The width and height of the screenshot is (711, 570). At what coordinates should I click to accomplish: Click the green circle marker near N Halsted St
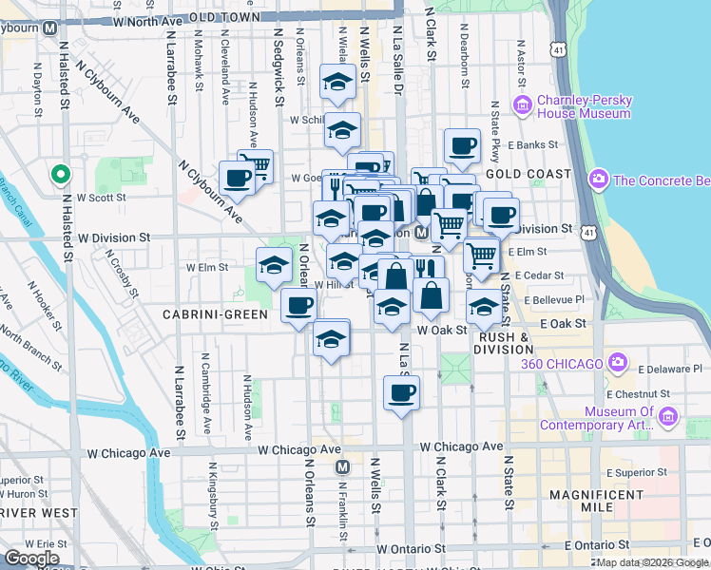click(x=59, y=174)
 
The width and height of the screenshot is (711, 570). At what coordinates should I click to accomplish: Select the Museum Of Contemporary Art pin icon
click(x=668, y=416)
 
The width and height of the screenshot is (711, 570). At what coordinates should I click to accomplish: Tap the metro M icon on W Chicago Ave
click(x=342, y=467)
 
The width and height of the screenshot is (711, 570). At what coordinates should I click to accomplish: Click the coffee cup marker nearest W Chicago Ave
click(x=400, y=390)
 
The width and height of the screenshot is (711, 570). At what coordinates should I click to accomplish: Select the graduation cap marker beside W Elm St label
click(x=274, y=265)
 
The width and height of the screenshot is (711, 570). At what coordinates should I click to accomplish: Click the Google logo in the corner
click(x=31, y=558)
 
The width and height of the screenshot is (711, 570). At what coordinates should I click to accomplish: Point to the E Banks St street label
click(x=532, y=145)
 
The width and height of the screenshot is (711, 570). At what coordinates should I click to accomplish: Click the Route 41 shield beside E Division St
click(x=591, y=231)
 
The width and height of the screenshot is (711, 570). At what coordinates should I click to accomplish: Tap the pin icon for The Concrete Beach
click(x=599, y=178)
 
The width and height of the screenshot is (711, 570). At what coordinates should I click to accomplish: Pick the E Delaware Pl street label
click(x=670, y=368)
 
